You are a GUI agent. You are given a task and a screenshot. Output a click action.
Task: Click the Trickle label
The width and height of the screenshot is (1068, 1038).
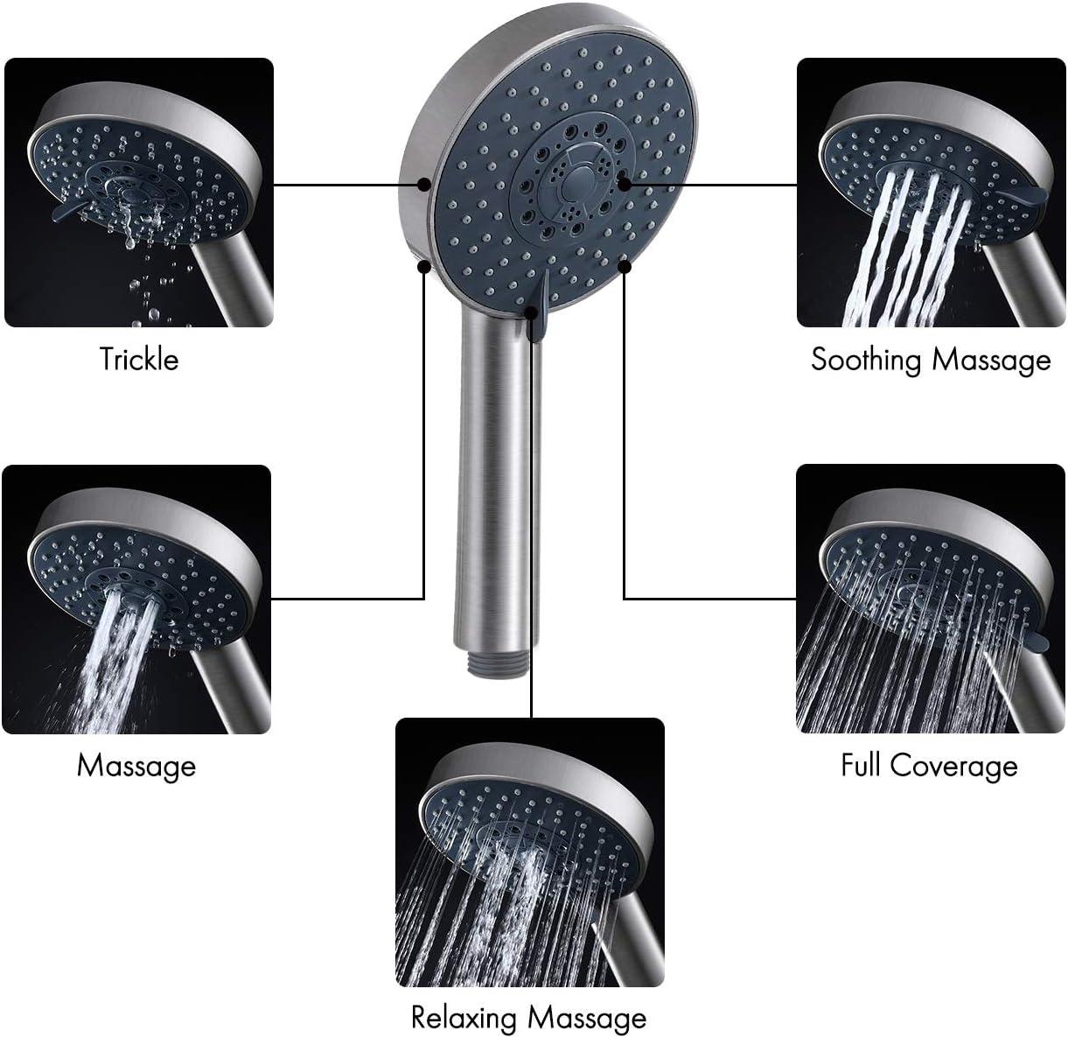pyautogui.click(x=139, y=360)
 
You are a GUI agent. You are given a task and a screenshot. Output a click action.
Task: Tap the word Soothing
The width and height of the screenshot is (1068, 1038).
pyautogui.click(x=866, y=360)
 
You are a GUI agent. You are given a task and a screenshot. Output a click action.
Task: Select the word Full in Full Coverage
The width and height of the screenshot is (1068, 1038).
pyautogui.click(x=860, y=766)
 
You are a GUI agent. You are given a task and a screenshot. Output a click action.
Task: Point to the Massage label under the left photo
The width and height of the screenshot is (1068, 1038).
pyautogui.click(x=136, y=766)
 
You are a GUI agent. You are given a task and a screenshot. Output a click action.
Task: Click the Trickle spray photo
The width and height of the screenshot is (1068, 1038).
pyautogui.click(x=139, y=193)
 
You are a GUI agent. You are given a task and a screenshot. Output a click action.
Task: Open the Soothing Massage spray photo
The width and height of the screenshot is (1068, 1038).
pyautogui.click(x=931, y=193)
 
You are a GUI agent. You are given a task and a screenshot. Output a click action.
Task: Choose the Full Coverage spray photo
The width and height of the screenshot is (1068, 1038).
pyautogui.click(x=931, y=599)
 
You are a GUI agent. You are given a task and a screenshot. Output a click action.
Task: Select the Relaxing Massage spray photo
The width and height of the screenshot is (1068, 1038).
pyautogui.click(x=530, y=852)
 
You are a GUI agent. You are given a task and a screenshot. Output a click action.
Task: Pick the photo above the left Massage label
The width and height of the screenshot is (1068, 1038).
pyautogui.click(x=136, y=599)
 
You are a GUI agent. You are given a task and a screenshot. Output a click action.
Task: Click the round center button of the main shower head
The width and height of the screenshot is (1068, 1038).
pyautogui.click(x=576, y=184)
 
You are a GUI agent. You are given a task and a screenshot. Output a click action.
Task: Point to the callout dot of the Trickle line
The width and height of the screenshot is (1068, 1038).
pyautogui.click(x=423, y=185)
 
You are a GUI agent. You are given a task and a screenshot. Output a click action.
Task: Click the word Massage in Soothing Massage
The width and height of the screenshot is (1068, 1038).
pyautogui.click(x=990, y=360)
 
